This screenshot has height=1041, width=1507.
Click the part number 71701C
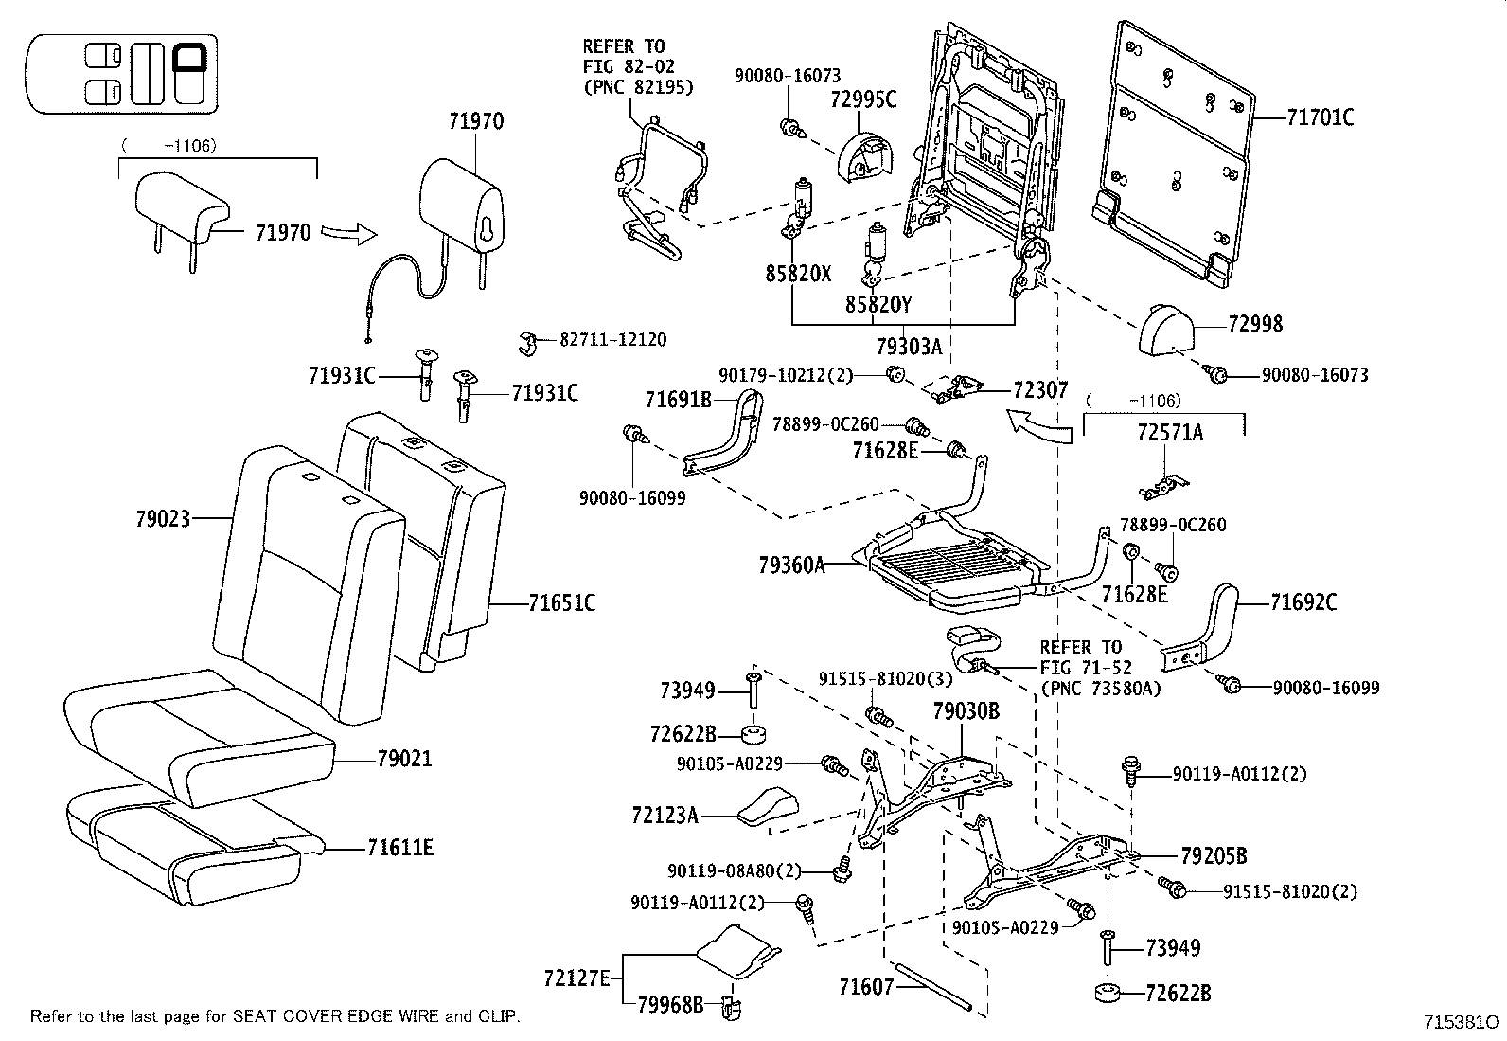(1320, 117)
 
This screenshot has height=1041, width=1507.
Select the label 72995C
(863, 99)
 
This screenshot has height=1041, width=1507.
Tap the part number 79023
(163, 518)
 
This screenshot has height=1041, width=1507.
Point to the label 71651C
(561, 602)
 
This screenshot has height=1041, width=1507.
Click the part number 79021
(404, 759)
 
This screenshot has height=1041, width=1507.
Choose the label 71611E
(400, 848)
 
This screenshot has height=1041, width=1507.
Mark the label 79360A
(791, 565)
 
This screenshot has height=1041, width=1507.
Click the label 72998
(1255, 325)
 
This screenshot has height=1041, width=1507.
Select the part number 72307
(1040, 389)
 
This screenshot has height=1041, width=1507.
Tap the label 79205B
(1214, 856)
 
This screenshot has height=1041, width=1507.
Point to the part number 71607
(866, 987)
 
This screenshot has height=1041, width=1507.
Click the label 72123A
(665, 815)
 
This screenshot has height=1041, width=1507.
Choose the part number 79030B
(966, 710)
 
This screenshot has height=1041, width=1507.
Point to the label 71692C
(1303, 602)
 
